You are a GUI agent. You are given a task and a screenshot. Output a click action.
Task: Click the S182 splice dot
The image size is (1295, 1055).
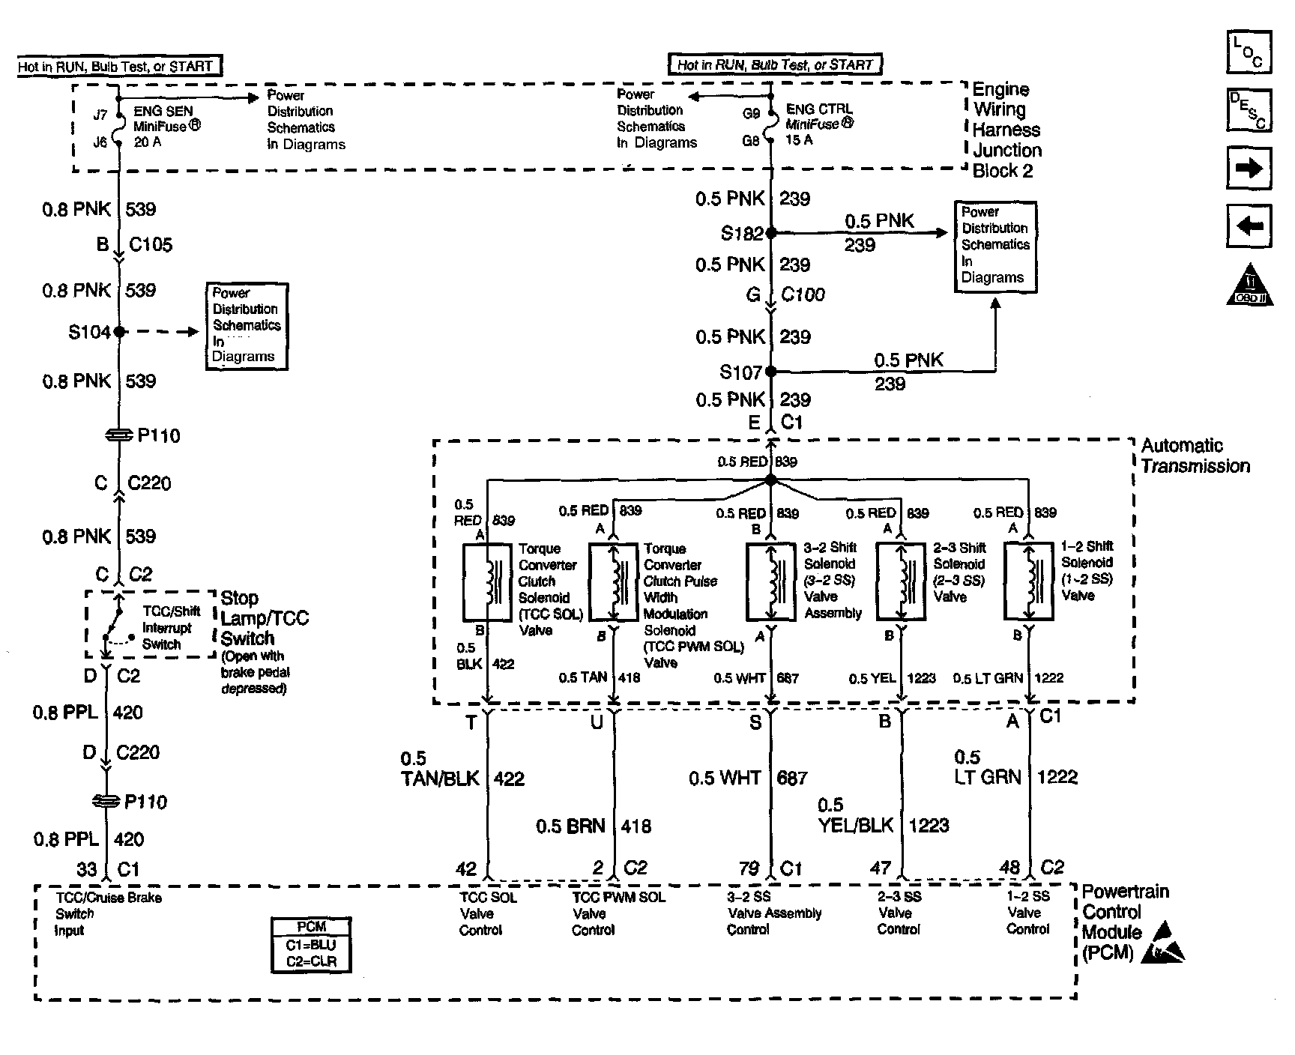point(770,233)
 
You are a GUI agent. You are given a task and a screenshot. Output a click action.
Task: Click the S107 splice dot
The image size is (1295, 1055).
point(770,371)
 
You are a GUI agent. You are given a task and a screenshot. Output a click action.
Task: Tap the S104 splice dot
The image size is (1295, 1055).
point(118,331)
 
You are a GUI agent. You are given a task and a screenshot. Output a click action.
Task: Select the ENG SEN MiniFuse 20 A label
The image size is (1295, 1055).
point(166,126)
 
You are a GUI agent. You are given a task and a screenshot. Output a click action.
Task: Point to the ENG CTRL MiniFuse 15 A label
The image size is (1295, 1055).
point(818,124)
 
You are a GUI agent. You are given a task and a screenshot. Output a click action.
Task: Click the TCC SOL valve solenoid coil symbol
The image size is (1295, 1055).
point(488,581)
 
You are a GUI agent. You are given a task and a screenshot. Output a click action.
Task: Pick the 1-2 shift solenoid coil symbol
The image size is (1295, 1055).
point(1028,582)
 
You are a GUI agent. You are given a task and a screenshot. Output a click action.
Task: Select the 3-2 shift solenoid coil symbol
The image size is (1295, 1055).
point(770,582)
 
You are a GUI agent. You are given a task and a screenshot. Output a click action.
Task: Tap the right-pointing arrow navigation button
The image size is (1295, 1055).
point(1249,168)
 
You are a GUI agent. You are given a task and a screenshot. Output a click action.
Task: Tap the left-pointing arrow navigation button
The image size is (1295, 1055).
point(1249,225)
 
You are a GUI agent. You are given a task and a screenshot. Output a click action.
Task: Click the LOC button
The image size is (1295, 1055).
point(1249,52)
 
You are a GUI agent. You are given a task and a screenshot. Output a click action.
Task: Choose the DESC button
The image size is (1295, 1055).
point(1249,110)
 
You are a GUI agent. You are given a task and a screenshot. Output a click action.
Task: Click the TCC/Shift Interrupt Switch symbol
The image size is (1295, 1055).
point(116,623)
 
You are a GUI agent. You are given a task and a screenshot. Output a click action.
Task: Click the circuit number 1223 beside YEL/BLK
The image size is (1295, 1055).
point(929,826)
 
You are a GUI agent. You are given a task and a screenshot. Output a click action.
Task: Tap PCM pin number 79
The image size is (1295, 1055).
point(749,868)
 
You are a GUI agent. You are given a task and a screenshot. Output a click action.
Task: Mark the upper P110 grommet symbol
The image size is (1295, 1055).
point(118,435)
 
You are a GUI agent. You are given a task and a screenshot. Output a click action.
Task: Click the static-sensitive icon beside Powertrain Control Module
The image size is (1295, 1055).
point(1163,943)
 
